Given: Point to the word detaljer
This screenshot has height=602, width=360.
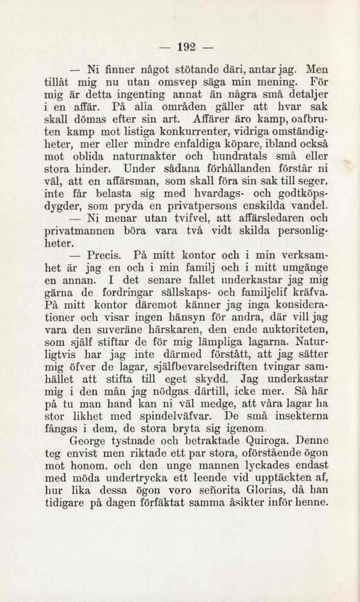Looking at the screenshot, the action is tap(303, 97).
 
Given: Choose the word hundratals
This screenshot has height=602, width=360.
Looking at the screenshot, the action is tap(241, 162).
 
